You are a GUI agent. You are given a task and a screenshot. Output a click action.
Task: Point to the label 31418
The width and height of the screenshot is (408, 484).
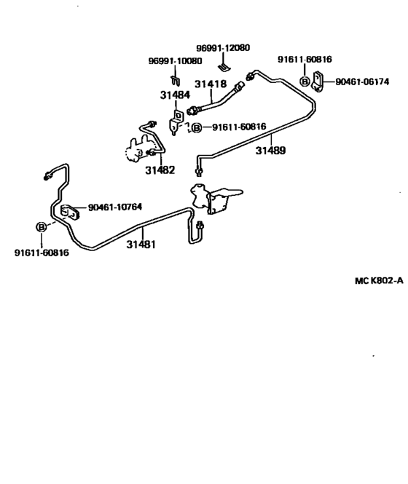click(x=209, y=84)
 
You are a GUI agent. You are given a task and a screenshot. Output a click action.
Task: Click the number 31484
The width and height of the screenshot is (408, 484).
click(x=175, y=95)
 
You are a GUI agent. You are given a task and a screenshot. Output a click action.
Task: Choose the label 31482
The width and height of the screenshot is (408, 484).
click(x=160, y=170)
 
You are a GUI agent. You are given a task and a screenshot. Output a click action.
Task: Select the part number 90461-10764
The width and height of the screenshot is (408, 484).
click(x=115, y=207)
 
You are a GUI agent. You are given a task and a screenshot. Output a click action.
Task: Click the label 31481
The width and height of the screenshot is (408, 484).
click(x=141, y=245)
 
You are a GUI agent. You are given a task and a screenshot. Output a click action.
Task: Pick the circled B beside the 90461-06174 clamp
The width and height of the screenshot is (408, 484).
click(x=305, y=82)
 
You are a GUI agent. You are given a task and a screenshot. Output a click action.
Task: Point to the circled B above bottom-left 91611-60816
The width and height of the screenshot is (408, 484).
click(x=42, y=227)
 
